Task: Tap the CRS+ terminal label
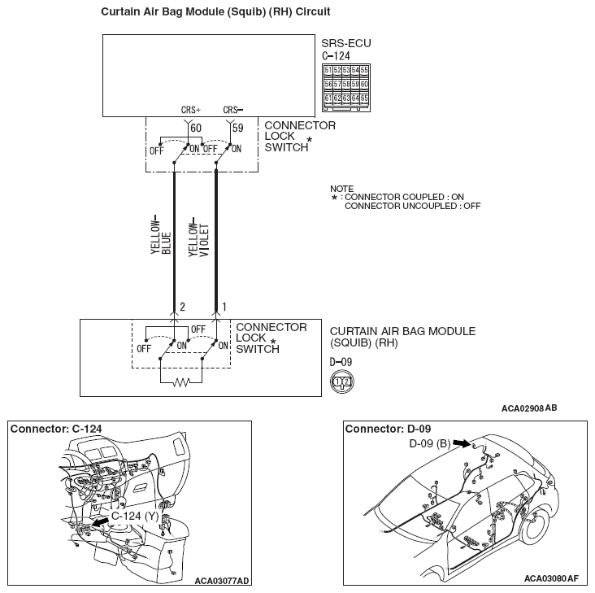pos(190,110)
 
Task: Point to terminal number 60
pos(196,129)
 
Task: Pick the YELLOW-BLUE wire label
pos(160,237)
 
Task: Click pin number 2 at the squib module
pos(182,307)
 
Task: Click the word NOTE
pos(342,189)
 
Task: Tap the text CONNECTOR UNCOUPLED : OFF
pos(412,206)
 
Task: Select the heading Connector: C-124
pos(56,429)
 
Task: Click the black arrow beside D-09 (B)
pos(462,443)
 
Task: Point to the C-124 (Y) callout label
pos(134,516)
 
